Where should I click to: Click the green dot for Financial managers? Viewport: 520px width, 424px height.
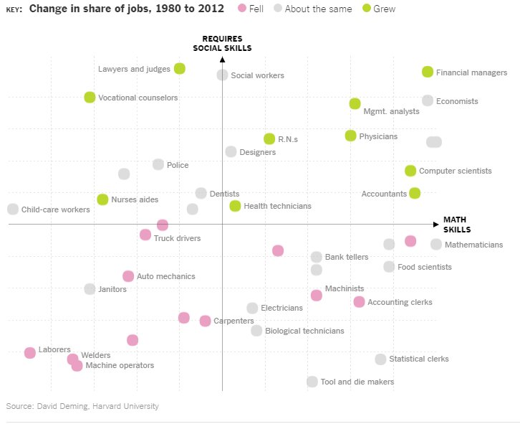tap(428, 72)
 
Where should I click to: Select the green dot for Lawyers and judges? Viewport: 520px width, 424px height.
tap(180, 69)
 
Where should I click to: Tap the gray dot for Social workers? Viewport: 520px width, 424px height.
tap(223, 75)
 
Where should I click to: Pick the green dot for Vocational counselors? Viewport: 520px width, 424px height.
tap(90, 98)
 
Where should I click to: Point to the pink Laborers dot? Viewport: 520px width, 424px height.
tap(30, 352)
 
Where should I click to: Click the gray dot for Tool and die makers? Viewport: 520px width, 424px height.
tap(312, 382)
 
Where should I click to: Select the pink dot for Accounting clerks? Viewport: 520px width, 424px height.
tap(359, 302)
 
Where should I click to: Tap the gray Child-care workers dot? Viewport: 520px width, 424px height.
tap(13, 209)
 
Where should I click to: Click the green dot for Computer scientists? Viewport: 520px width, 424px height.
tap(410, 171)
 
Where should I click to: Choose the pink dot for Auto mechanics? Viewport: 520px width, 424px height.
tap(128, 276)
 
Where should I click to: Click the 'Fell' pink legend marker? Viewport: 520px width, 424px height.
tap(242, 9)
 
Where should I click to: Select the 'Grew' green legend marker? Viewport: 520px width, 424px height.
tap(367, 9)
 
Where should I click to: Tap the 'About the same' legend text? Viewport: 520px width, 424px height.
tap(319, 9)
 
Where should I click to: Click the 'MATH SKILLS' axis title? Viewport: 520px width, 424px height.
tap(457, 225)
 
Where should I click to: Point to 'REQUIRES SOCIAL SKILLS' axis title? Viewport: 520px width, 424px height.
tap(222, 43)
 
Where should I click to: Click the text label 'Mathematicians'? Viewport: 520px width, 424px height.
tap(473, 245)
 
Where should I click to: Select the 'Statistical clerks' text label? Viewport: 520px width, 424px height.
tap(419, 359)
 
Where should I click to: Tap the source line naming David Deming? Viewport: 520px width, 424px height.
tap(82, 406)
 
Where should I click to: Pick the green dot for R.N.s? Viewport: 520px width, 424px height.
tap(269, 138)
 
